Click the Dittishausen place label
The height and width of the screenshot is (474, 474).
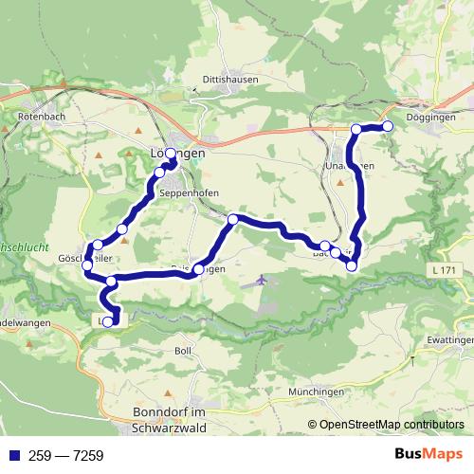click(225, 80)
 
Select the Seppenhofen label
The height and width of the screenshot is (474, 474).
click(190, 192)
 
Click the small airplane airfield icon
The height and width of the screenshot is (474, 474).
click(261, 281)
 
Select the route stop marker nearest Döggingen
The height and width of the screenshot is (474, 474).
click(387, 126)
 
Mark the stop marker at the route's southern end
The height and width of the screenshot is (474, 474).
click(107, 322)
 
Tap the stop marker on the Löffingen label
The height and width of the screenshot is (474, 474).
click(171, 154)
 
